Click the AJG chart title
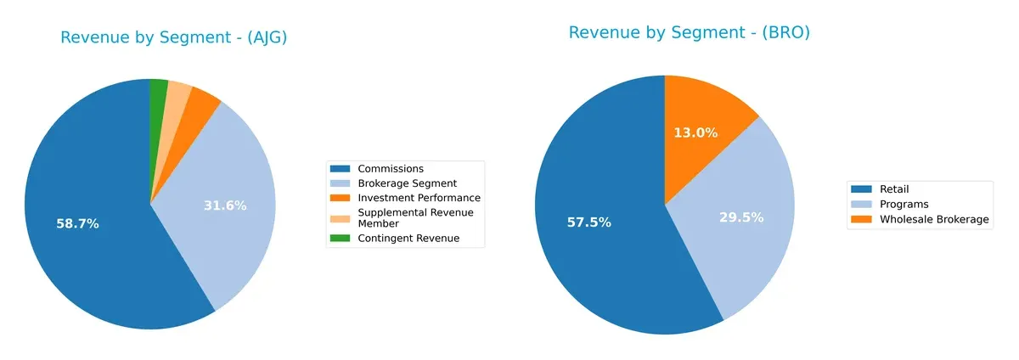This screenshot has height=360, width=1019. click(x=173, y=37)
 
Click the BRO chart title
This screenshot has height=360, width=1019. click(x=689, y=33)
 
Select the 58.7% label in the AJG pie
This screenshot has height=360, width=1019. click(x=77, y=224)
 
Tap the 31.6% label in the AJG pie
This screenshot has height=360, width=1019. click(x=225, y=205)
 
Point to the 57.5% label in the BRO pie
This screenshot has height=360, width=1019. click(x=588, y=222)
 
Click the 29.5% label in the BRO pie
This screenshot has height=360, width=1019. click(x=741, y=217)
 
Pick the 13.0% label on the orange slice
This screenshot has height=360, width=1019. click(x=696, y=133)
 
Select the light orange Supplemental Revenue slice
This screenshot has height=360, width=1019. click(x=177, y=95)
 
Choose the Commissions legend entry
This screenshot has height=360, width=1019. click(x=391, y=169)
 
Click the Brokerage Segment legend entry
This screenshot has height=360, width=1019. click(x=407, y=183)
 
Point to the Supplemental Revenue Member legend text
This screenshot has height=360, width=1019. click(x=415, y=217)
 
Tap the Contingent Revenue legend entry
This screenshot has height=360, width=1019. click(x=408, y=239)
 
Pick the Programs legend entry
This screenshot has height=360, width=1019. click(x=904, y=205)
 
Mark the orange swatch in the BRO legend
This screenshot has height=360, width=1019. click(x=861, y=219)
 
